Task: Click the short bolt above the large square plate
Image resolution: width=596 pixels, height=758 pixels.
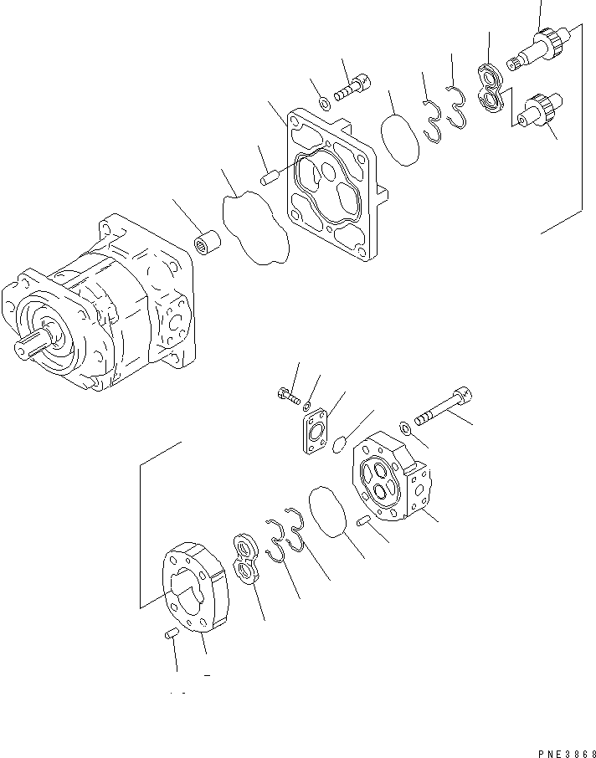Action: tap(349, 87)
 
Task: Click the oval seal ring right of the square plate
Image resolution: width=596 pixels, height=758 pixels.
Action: tap(401, 140)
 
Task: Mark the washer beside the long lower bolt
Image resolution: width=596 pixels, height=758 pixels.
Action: tap(404, 428)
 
